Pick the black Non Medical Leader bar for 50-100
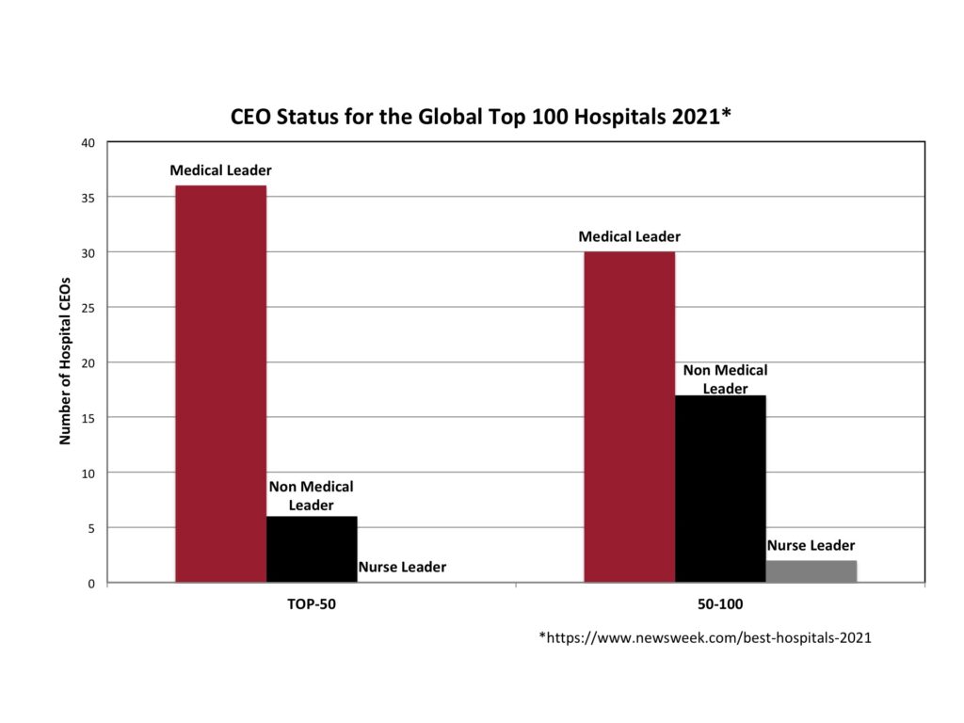(x=720, y=489)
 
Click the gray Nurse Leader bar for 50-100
(x=811, y=571)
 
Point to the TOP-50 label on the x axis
(x=312, y=604)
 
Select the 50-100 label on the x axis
(x=720, y=604)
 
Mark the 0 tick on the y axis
(x=91, y=584)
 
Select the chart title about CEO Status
(x=481, y=118)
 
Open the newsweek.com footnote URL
(x=705, y=638)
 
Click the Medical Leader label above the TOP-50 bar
(x=220, y=170)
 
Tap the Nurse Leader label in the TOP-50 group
(x=402, y=567)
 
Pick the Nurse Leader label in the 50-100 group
(x=811, y=545)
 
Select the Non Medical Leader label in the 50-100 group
(x=725, y=379)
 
